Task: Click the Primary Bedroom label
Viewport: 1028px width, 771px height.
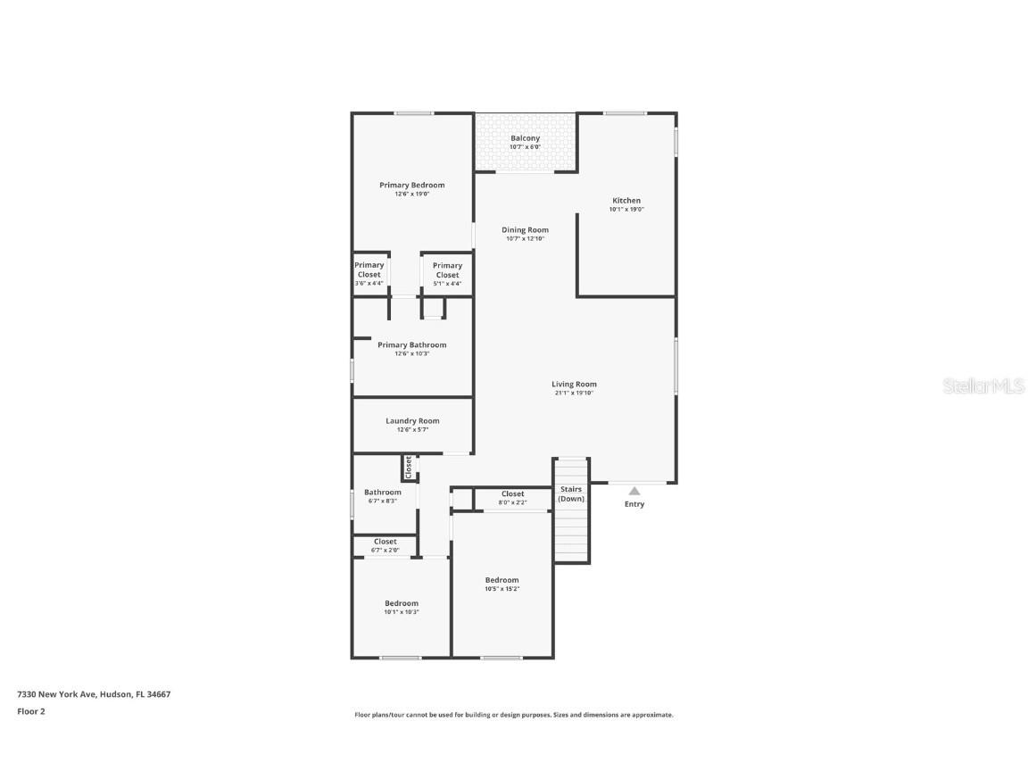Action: tap(411, 186)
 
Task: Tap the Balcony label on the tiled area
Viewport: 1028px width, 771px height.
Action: tap(525, 138)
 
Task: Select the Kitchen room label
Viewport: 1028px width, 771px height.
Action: tap(626, 201)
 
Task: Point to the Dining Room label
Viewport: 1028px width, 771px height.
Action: tap(525, 230)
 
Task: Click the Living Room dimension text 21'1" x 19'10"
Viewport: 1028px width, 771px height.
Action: tap(573, 393)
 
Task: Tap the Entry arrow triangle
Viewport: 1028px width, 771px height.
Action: tap(634, 491)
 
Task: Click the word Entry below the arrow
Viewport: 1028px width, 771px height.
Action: tap(634, 504)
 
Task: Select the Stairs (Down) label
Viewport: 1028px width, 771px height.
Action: tap(571, 493)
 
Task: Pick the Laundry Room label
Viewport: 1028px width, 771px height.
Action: tap(412, 421)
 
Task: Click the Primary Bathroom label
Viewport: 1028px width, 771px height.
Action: tap(411, 345)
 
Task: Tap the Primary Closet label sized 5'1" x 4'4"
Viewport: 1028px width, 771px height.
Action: tap(447, 270)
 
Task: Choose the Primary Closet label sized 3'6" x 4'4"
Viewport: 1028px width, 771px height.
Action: tap(369, 269)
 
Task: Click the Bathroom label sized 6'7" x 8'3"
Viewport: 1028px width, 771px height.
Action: tap(382, 493)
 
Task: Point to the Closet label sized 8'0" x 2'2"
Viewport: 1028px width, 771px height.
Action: tap(512, 494)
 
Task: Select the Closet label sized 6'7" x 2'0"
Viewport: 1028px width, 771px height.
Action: tap(385, 542)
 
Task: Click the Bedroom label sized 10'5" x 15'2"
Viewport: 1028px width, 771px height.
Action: tap(502, 580)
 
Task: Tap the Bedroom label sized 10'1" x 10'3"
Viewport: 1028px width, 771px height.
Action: tap(401, 603)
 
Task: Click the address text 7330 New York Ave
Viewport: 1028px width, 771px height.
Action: tap(56, 694)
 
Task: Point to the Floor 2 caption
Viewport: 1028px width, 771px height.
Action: tap(30, 711)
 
